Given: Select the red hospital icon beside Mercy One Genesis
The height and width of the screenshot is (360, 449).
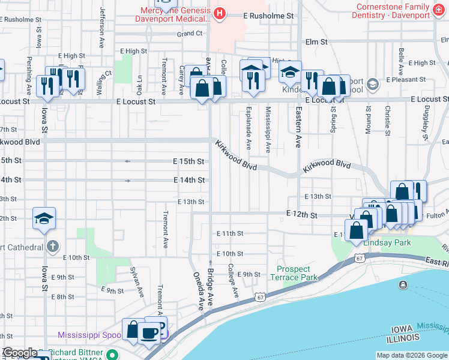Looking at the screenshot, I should point(220,13).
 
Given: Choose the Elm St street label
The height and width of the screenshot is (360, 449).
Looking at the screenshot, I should point(316,42).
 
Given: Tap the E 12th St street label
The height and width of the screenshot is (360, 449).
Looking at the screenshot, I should point(301,214).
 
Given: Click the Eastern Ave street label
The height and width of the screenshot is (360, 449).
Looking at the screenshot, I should point(297,127).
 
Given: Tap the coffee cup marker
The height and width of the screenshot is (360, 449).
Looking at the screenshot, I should point(149,332).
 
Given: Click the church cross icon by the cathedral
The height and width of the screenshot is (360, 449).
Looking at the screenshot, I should point(53,247).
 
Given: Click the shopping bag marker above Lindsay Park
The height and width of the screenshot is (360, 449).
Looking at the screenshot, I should point(357,230).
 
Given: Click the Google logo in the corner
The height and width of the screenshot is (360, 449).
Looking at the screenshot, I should point(20,353).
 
